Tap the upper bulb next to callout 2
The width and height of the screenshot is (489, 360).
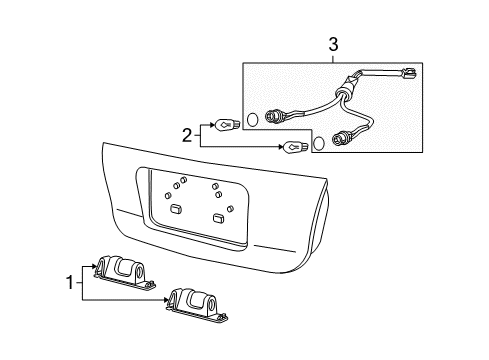point(227,125)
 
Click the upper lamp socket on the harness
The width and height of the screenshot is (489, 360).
point(273,112)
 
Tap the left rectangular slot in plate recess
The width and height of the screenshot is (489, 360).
point(175,209)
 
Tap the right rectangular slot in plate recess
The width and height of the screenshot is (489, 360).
point(219,216)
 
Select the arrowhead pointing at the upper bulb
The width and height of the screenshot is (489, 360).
point(212,125)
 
